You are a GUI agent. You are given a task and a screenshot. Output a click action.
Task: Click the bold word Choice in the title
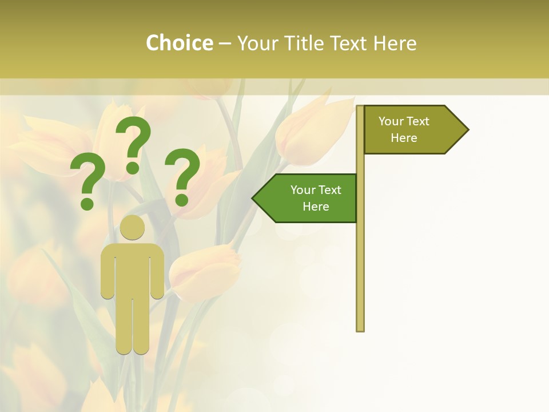pos(179,43)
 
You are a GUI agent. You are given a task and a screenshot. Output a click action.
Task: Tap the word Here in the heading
pos(395,43)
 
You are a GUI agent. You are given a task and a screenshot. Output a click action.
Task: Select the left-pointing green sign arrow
pos(306,198)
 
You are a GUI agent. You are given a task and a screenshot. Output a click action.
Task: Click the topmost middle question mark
pos(134,143)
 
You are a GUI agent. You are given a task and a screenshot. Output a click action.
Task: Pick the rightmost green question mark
pos(183,175)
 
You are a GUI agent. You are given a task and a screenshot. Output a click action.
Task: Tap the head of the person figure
pos(132,227)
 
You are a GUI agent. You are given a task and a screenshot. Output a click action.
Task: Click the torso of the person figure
pos(132,269)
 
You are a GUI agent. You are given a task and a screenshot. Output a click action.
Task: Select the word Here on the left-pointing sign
pos(316,207)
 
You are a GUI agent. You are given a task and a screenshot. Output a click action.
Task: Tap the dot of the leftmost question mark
pos(87,203)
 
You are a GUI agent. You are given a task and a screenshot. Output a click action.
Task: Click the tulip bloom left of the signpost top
pos(309,132)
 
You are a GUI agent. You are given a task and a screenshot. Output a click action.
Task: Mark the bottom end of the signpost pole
pos(360,329)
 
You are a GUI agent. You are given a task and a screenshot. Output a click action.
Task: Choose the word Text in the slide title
pos(350,43)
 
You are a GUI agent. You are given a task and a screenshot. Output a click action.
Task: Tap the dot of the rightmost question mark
pos(182,200)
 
